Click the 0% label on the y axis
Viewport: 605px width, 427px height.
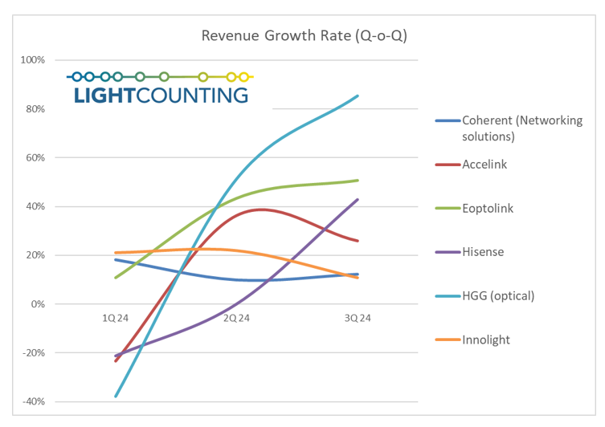pyautogui.click(x=38, y=304)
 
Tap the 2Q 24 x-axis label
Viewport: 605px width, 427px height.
pyautogui.click(x=237, y=318)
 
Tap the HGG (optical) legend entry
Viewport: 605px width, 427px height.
pyautogui.click(x=498, y=295)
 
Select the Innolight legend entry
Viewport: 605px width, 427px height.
pyautogui.click(x=486, y=340)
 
